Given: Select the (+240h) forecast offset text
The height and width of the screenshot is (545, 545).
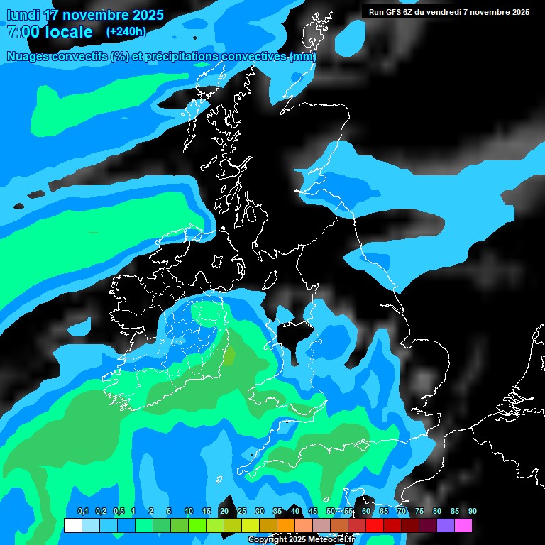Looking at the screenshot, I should [x=126, y=32].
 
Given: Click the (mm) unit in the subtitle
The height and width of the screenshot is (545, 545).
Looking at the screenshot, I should [x=303, y=57].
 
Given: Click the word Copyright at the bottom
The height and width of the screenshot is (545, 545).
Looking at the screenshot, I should [x=268, y=540].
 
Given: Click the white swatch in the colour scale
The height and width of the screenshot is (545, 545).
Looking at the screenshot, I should [x=72, y=526].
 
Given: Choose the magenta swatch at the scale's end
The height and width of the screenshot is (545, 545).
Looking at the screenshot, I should [x=463, y=526].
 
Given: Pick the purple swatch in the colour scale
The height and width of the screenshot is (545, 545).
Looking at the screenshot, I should [x=445, y=526].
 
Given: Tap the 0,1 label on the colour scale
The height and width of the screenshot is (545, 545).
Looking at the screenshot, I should [x=82, y=512].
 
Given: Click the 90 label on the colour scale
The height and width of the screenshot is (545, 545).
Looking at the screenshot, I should [x=472, y=512].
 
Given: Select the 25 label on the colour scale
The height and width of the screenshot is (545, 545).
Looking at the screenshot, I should [x=242, y=512].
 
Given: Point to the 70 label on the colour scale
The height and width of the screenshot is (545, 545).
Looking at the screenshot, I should [x=402, y=512].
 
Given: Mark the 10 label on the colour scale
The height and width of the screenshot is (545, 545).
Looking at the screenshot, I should [x=189, y=512].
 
